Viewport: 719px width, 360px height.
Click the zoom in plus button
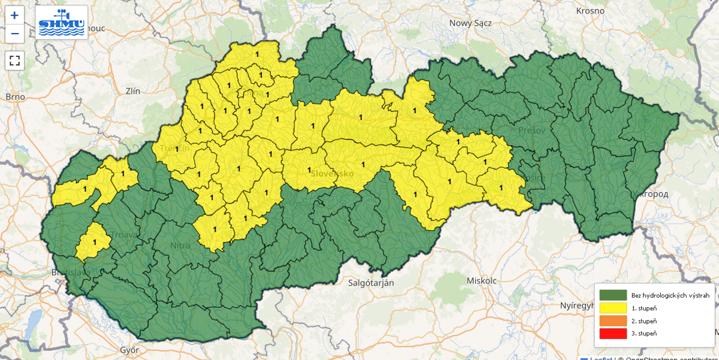point(15,16)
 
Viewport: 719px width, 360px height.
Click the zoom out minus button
point(15,34)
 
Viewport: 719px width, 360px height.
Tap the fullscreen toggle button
point(15,60)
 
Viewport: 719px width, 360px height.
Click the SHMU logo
point(61,22)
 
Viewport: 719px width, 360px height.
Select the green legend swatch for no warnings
point(613,295)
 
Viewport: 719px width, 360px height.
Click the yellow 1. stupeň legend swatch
point(613,308)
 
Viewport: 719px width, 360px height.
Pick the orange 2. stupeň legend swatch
point(613,320)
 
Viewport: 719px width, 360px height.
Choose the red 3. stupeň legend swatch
point(613,333)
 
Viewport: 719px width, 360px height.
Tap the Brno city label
point(15,96)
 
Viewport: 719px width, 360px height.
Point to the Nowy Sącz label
point(470,23)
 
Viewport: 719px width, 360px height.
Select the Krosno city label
point(591,11)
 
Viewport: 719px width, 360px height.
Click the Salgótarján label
point(371,283)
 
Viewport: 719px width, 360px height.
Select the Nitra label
point(180,246)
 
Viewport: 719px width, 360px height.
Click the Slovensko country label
point(332,173)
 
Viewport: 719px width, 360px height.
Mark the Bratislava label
point(71,272)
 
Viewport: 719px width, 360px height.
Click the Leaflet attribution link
point(601,358)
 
